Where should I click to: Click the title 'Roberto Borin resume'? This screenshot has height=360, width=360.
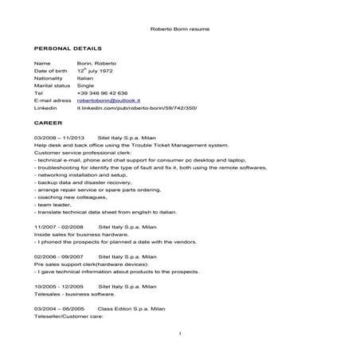click(x=179, y=29)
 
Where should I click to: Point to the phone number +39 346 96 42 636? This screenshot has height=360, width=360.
click(x=107, y=92)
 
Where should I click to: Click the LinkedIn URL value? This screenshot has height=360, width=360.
click(x=143, y=108)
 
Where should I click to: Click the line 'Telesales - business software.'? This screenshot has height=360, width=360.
click(x=72, y=293)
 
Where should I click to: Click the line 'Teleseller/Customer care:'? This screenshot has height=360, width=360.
click(x=69, y=315)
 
